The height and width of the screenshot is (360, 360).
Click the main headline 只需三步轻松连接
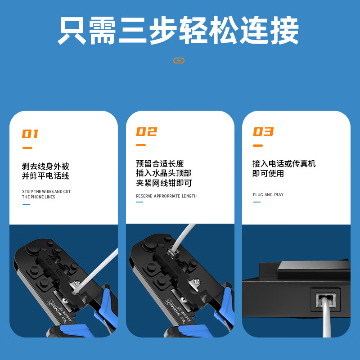[178, 30]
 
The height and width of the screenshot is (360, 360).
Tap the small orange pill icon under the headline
[179, 60]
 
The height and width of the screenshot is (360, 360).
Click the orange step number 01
[30, 134]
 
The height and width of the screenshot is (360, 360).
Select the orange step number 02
[147, 131]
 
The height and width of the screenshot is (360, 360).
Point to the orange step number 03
[263, 131]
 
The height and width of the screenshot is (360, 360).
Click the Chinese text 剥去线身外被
[45, 166]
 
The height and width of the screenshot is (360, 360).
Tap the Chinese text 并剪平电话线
[45, 176]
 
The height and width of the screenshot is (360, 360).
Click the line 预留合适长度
[160, 164]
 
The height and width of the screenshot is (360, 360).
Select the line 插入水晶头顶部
[164, 173]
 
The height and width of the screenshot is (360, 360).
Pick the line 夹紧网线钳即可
[164, 183]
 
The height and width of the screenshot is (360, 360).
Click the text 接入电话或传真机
[284, 164]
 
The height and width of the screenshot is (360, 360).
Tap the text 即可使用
[268, 173]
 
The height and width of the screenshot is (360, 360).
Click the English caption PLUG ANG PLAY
[268, 195]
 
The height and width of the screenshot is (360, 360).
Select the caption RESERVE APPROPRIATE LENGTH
[166, 196]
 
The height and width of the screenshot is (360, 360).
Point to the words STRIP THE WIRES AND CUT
[46, 192]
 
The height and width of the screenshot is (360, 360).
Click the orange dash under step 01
[27, 148]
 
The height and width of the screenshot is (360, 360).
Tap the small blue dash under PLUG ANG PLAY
[257, 202]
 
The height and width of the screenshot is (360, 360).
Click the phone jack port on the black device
[326, 300]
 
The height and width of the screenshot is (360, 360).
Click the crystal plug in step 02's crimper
[172, 253]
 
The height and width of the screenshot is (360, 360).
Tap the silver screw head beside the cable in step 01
[77, 283]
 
